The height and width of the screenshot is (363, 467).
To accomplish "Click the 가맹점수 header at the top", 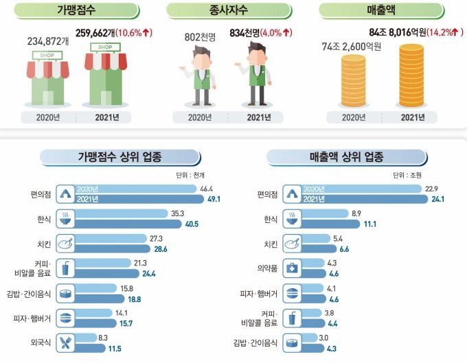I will (x=77, y=12).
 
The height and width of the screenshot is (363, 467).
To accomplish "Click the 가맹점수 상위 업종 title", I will (x=120, y=157).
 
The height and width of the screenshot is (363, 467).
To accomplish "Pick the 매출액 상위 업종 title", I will (x=347, y=157).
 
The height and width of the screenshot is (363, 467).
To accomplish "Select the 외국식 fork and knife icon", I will (x=67, y=342).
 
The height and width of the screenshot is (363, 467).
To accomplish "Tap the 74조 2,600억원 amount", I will (x=352, y=46).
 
